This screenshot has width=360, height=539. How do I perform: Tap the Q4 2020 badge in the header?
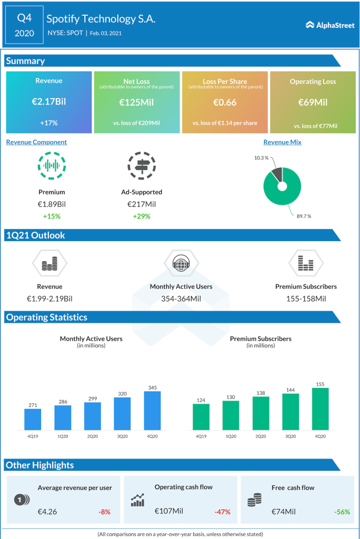click(x=25, y=26)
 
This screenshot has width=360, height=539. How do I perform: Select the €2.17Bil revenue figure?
click(x=49, y=102)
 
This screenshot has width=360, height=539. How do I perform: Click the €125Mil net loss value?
click(x=136, y=102)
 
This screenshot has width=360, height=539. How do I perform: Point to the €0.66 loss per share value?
click(x=225, y=102)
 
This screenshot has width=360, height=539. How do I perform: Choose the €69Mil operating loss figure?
click(x=313, y=102)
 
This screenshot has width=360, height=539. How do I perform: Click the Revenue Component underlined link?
click(x=36, y=142)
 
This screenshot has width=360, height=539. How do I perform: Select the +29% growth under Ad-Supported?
click(x=141, y=216)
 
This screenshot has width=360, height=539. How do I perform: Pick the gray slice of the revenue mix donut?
click(x=277, y=174)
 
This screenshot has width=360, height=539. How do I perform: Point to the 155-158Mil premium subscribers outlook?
click(x=306, y=298)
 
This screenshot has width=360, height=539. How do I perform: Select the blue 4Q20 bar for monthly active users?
click(x=152, y=411)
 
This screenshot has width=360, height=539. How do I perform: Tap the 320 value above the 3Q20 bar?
click(x=122, y=393)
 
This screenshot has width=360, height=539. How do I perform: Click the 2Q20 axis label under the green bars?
click(x=261, y=436)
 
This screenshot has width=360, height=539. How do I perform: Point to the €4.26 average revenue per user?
click(x=47, y=512)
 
